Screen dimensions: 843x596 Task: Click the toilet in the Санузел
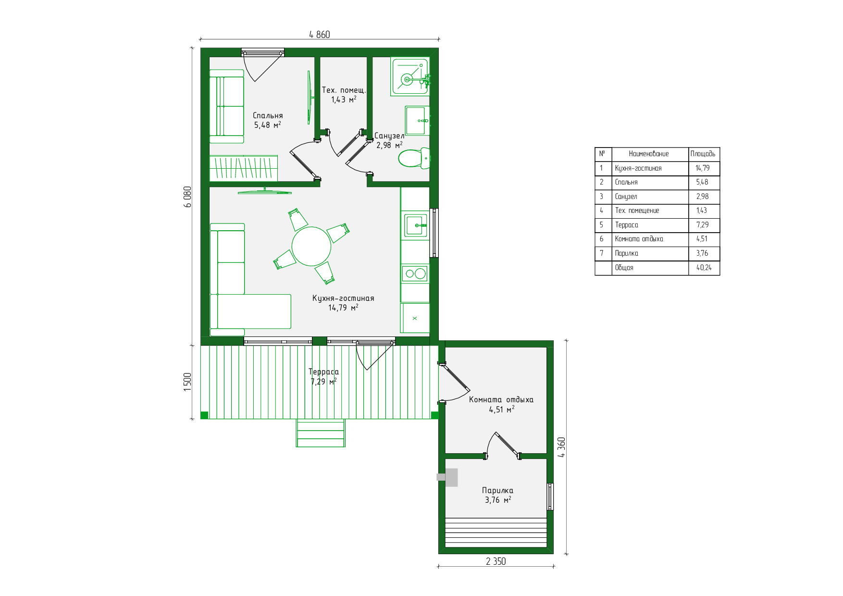tap(414, 158)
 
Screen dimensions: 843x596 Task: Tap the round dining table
tap(311, 247)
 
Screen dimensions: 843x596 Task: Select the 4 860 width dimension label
tap(320, 35)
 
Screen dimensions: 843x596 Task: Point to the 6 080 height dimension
tap(187, 197)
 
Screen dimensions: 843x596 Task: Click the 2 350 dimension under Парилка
tap(496, 561)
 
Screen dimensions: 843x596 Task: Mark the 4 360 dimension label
tap(561, 447)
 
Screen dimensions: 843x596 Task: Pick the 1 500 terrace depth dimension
tap(187, 382)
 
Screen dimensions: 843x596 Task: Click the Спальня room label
tap(268, 116)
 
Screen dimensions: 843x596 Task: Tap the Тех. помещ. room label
tap(344, 90)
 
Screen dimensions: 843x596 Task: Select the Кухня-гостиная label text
tap(343, 298)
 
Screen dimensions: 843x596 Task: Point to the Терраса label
tap(323, 372)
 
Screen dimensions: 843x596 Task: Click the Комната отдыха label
tap(501, 400)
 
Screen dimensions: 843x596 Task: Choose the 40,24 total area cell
tap(704, 268)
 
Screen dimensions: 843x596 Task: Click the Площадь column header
tap(703, 154)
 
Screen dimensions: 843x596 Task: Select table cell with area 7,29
tap(702, 225)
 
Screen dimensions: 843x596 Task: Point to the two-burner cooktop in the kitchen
tap(415, 274)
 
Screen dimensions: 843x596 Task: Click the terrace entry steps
tap(321, 433)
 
